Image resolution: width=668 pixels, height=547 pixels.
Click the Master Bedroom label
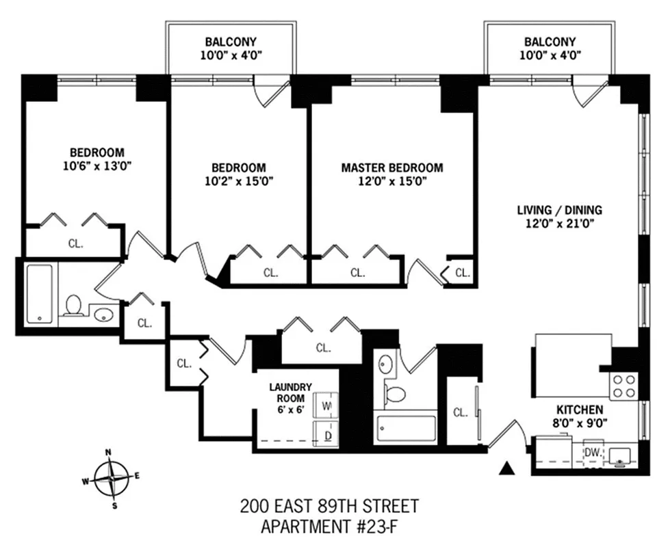point(391,168)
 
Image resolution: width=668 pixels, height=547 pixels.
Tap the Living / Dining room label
point(559,210)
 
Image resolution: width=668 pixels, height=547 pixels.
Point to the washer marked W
point(326,405)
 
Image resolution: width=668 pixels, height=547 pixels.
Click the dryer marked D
point(326,434)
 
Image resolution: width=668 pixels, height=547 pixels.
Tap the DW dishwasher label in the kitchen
point(593,452)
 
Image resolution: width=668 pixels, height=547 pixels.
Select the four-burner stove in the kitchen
point(624,386)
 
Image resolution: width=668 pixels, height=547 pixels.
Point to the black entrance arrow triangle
point(507,468)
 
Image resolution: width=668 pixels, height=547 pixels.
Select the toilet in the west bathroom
point(73,306)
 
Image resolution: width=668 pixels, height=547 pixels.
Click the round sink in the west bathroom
point(104,315)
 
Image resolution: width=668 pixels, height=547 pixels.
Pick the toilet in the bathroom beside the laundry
point(395,394)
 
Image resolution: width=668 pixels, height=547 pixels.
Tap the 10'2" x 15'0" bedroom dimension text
point(238,181)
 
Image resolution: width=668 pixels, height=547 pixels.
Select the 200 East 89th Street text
point(329,507)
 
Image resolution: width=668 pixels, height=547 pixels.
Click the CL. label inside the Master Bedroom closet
point(358,272)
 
